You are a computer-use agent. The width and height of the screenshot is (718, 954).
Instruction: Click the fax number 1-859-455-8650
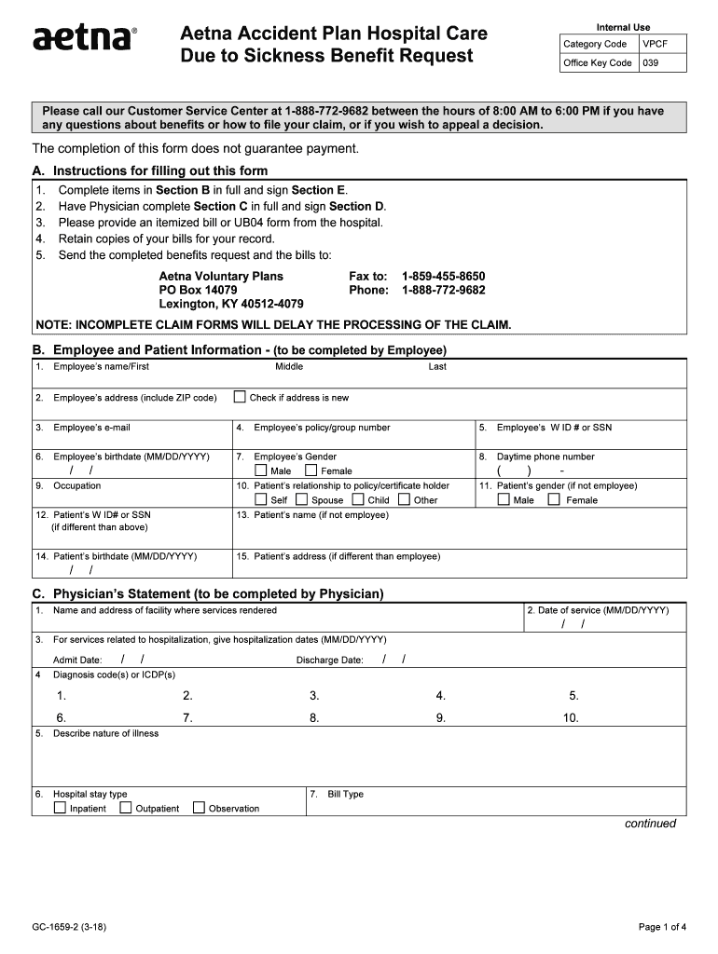443,277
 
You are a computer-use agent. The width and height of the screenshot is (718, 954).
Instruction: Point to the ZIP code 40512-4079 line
231,305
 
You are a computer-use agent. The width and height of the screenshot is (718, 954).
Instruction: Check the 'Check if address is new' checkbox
241,398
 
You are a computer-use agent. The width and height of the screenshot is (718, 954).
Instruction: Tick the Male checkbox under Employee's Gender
261,470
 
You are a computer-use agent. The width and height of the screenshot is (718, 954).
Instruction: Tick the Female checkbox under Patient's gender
554,499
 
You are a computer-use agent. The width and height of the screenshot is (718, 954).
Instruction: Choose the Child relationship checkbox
358,499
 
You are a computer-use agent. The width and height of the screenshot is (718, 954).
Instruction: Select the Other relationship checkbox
404,499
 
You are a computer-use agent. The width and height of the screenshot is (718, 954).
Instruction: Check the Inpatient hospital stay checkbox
60,808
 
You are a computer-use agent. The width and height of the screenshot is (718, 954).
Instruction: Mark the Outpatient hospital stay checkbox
125,808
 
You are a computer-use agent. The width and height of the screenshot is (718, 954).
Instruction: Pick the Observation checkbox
199,808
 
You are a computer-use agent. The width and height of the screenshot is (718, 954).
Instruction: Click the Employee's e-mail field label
91,428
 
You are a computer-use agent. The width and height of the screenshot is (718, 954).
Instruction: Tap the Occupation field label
76,485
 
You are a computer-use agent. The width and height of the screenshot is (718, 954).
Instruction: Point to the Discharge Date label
329,661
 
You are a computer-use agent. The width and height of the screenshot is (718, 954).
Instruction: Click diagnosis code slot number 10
570,718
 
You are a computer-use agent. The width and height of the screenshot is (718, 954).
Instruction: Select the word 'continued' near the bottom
650,824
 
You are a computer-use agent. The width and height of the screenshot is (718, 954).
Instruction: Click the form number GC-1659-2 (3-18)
73,927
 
